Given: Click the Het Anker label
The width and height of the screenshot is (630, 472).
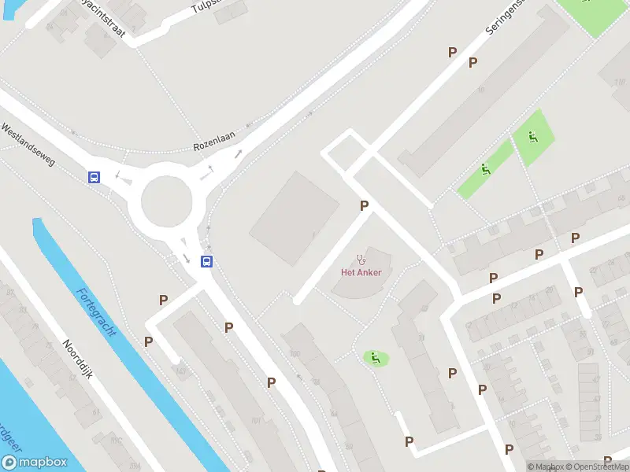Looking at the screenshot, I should tap(361, 273).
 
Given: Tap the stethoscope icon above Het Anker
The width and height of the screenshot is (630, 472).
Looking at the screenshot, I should tap(361, 258).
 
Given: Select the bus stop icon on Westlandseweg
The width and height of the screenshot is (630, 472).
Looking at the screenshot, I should tap(94, 178).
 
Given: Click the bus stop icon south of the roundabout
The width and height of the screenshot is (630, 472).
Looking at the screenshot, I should tap(206, 262).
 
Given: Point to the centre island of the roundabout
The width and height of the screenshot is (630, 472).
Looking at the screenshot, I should tap(166, 201).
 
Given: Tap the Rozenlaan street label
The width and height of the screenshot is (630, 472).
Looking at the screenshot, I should tap(215, 146).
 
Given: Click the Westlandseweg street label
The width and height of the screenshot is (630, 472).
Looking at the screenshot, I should tap(28, 143).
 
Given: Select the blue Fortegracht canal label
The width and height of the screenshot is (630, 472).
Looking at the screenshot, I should tap(96, 312).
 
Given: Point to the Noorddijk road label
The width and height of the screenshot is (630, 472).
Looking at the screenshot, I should tap(78, 359).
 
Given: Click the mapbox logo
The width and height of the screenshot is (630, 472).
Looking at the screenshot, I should tap(35, 463).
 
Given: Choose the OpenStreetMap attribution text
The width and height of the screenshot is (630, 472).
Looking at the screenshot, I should tap(595, 466).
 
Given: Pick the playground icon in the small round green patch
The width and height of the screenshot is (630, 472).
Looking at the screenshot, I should tap(376, 358).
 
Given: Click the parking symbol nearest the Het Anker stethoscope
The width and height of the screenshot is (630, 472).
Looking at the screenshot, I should tap(364, 206).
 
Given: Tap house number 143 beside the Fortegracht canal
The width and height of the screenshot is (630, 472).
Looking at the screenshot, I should tap(181, 370).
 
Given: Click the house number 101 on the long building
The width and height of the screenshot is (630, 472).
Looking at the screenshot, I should tap(255, 420).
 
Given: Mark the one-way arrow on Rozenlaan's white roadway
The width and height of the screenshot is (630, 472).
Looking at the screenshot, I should tap(237, 153).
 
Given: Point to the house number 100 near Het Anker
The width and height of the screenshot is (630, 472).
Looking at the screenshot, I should tap(295, 355).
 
